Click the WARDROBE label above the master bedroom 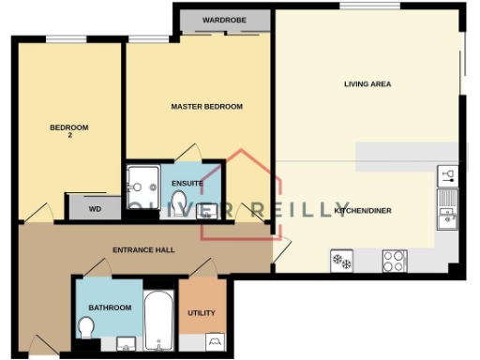click(x=223, y=19)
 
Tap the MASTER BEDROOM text click(x=206, y=107)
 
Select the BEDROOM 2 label click(x=68, y=131)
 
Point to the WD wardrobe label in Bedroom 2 click(x=95, y=208)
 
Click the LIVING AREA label click(x=367, y=84)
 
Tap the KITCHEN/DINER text click(x=362, y=211)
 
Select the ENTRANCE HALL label click(x=143, y=250)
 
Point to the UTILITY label click(x=202, y=313)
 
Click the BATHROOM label click(x=110, y=307)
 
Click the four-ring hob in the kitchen click(x=393, y=260)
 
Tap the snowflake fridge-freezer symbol click(x=340, y=260)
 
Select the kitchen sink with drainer click(x=446, y=210)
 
